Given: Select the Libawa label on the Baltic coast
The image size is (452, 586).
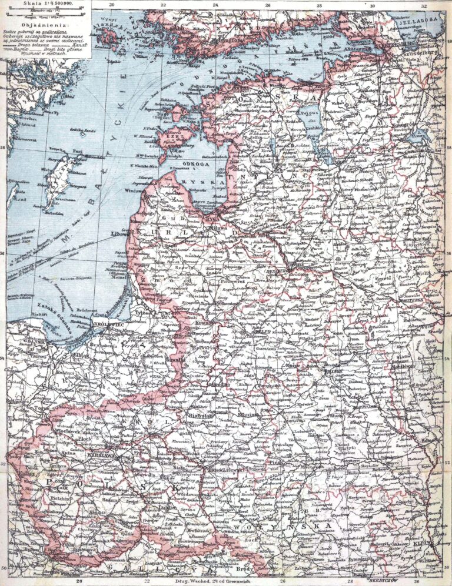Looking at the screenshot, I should click(120, 233).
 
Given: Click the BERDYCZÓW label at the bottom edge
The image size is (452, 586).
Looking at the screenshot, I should click(389, 580).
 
